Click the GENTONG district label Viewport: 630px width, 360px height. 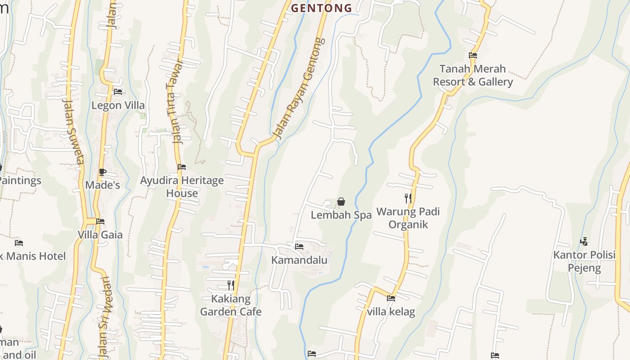pos(321,8)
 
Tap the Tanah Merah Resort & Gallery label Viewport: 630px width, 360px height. pos(472,75)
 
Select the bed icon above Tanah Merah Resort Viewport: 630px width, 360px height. pos(473,55)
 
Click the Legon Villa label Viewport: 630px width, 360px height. pos(118,105)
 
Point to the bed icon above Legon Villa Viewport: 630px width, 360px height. pos(118,92)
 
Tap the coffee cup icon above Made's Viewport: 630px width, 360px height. pos(103,172)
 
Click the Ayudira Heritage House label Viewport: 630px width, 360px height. pos(182,187)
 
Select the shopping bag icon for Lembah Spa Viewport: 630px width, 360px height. pos(341,202)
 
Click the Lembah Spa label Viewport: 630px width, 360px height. pos(341,215)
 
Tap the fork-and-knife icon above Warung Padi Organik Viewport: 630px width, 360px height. pos(408,198)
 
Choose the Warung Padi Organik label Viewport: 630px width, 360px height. pos(408,218)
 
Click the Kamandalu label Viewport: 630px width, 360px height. pos(299,260)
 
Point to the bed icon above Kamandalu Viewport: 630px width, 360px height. pos(299,247)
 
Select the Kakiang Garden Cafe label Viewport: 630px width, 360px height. pos(230,305)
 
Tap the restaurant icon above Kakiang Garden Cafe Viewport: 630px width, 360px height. pos(230,285)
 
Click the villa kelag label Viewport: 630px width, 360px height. pos(391,311)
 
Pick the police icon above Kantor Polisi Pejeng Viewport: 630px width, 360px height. pos(584,242)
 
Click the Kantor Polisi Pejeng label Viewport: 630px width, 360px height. pos(584,261)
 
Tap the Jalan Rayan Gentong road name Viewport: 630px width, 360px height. pos(299,88)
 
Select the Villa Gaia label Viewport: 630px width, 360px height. pos(100,234)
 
